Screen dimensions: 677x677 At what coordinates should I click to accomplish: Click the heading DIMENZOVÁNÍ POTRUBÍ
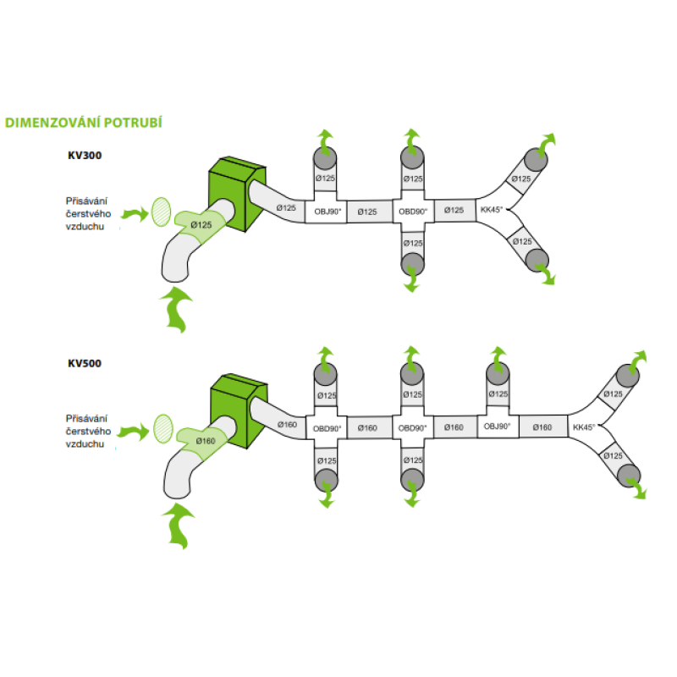83,123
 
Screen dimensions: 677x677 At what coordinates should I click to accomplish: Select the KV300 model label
85,156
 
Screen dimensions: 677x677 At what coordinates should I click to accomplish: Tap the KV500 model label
85,364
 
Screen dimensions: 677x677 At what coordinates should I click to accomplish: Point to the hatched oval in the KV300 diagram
160,212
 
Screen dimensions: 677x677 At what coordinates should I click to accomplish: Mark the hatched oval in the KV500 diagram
163,427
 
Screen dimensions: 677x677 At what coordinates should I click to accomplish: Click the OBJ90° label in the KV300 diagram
328,211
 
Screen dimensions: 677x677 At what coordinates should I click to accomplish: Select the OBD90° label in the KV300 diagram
413,211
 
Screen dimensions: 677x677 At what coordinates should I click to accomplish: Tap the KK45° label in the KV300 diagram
491,209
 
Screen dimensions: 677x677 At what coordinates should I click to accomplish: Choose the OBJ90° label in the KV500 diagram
497,427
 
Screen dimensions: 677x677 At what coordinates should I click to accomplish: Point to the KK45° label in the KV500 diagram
585,427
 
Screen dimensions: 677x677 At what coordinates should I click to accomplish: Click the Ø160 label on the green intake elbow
205,440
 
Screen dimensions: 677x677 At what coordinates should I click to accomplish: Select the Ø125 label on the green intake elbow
201,224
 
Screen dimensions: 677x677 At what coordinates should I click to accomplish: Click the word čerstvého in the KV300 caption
89,215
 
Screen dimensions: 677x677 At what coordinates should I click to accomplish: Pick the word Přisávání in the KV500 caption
89,418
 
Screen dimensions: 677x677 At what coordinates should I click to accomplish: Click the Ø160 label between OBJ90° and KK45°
541,427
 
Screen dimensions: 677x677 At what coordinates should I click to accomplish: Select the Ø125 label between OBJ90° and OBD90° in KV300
367,211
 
